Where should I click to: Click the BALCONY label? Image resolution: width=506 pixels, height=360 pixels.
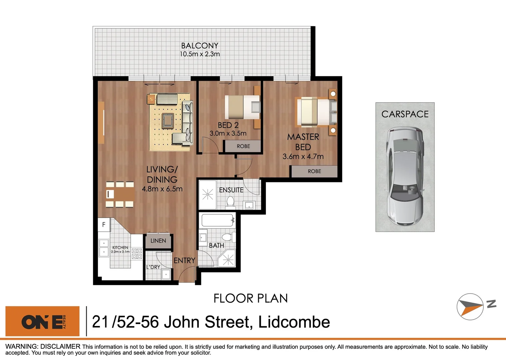click(x=200, y=46)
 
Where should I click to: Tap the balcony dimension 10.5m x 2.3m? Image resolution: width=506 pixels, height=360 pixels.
click(x=200, y=54)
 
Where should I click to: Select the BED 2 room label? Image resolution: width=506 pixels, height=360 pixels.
click(x=228, y=125)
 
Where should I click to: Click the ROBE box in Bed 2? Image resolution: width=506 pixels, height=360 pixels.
click(x=243, y=146)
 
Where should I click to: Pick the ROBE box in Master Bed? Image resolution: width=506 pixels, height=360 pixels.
click(x=314, y=171)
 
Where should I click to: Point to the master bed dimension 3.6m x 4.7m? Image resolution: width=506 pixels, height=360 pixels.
click(x=303, y=156)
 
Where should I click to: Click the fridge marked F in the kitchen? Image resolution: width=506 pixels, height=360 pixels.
click(x=104, y=225)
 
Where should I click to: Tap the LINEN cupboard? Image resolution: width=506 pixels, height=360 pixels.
click(x=158, y=241)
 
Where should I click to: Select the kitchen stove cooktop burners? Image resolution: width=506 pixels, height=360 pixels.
click(x=137, y=254)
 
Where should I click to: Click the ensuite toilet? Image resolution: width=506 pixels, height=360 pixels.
click(x=230, y=201)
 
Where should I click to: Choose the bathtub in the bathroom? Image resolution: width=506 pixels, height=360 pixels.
click(x=218, y=220)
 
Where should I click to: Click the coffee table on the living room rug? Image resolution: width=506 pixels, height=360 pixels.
click(x=167, y=119)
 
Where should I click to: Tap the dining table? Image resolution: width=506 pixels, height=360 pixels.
click(x=120, y=194)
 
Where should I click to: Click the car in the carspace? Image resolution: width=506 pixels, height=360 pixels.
click(x=405, y=175)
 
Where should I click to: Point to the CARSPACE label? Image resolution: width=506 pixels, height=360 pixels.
click(x=405, y=114)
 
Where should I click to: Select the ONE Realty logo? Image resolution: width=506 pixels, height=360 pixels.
click(x=43, y=321)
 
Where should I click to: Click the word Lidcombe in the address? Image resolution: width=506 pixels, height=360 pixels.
click(x=294, y=322)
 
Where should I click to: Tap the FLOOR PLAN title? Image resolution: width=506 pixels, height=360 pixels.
click(x=251, y=298)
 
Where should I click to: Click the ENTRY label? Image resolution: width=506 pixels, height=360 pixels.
click(x=184, y=261)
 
